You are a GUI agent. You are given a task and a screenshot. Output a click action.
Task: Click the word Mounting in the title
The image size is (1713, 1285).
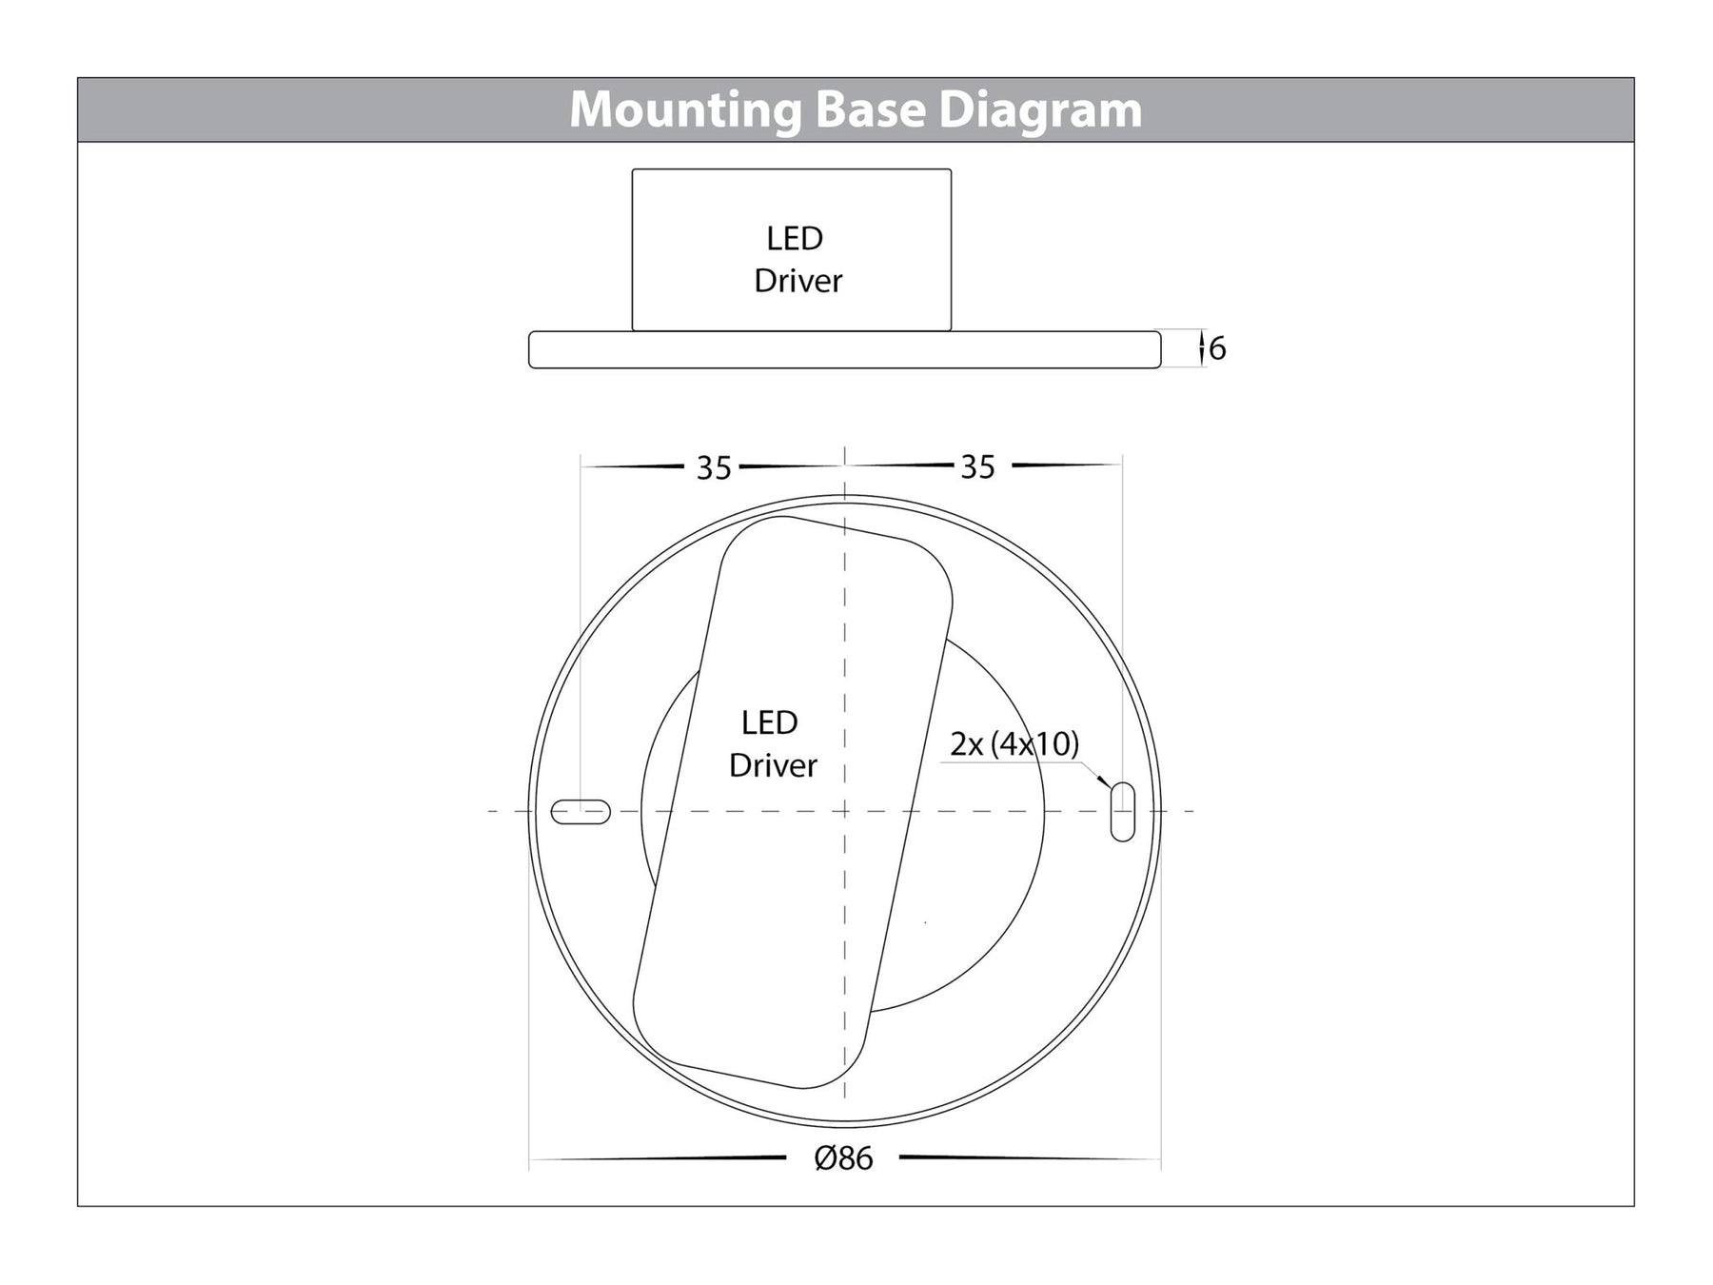coord(685,110)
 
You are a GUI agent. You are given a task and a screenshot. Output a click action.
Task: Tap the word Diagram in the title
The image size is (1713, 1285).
coord(1040,110)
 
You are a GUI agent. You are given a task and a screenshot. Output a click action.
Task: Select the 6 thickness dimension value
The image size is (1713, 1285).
coord(1217,349)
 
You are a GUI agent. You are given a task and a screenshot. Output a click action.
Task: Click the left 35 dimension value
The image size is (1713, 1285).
coord(714,467)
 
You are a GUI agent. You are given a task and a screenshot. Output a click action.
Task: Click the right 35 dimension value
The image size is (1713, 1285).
coord(977,466)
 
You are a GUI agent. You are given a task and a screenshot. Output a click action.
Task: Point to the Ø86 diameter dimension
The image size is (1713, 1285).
coord(844,1158)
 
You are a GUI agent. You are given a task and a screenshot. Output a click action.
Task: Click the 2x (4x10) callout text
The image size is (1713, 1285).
coord(1014,743)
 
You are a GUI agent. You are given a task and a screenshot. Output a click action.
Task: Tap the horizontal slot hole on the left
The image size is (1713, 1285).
coord(581,812)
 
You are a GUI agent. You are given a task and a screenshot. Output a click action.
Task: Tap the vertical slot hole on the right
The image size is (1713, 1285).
coord(1123,812)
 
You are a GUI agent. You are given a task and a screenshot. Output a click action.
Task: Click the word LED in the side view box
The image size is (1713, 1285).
coord(795,238)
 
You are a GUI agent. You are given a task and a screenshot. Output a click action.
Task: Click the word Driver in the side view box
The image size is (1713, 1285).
coord(797,281)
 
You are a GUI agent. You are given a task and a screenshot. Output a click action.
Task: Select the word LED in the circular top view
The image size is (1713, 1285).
coord(769,722)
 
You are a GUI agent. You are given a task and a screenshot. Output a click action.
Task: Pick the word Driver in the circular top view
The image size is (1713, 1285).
coord(773,765)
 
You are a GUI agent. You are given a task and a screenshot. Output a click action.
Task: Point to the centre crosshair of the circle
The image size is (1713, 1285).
coord(845,811)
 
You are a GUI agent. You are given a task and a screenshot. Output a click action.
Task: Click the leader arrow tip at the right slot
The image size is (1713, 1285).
coord(1109,786)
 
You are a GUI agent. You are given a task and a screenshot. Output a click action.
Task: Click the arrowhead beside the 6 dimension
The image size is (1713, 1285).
coord(1203,345)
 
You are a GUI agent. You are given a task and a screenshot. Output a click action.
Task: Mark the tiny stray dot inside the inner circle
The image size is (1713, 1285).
coord(926,922)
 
